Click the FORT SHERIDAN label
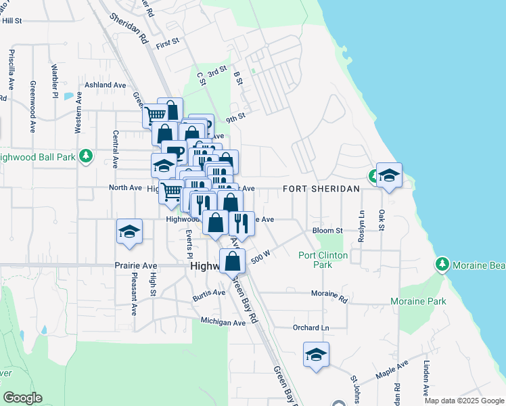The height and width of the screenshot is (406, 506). (x=321, y=189)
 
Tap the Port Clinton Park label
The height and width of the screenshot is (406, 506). (x=323, y=260)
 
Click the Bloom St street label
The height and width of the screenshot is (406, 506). (x=328, y=230)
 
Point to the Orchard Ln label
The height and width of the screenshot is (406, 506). (x=310, y=328)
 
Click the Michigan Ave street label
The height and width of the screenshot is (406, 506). (x=223, y=323)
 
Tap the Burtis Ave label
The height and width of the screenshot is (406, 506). (x=208, y=293)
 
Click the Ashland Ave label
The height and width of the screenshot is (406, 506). (x=105, y=85)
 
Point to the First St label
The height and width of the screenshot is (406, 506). (x=167, y=43)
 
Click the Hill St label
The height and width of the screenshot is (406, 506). (x=12, y=21)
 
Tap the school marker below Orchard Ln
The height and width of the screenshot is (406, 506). (x=316, y=355)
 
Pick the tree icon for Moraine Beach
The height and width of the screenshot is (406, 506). (x=442, y=263)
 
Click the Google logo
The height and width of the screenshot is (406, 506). (x=22, y=398)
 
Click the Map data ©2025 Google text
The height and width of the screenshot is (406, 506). (x=464, y=401)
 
